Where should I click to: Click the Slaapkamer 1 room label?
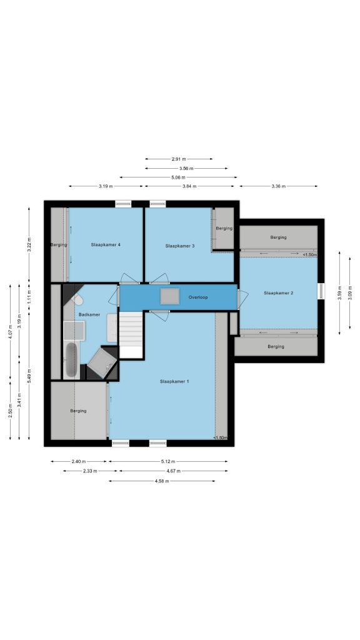click(x=174, y=382)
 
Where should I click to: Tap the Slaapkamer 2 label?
click(x=278, y=293)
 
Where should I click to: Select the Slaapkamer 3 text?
click(x=179, y=246)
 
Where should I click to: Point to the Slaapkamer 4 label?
click(x=105, y=245)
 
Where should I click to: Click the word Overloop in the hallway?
click(x=198, y=297)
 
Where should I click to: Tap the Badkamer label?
click(x=89, y=315)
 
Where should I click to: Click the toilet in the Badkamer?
click(x=77, y=300)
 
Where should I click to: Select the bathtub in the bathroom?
click(x=71, y=359)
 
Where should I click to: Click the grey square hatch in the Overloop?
click(x=170, y=296)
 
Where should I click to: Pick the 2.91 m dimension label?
click(x=179, y=159)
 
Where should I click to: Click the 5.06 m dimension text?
click(x=178, y=177)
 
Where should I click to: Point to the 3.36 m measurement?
click(x=278, y=186)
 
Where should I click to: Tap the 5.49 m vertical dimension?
click(x=29, y=376)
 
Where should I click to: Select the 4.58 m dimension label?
click(x=162, y=481)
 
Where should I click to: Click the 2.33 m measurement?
click(x=90, y=471)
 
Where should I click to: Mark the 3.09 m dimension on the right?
click(x=350, y=292)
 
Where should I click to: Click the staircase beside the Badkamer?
click(x=131, y=335)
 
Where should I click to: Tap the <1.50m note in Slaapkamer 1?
click(x=220, y=438)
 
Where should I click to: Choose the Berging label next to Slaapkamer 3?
click(x=224, y=229)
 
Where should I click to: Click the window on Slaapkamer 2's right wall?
click(x=321, y=291)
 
